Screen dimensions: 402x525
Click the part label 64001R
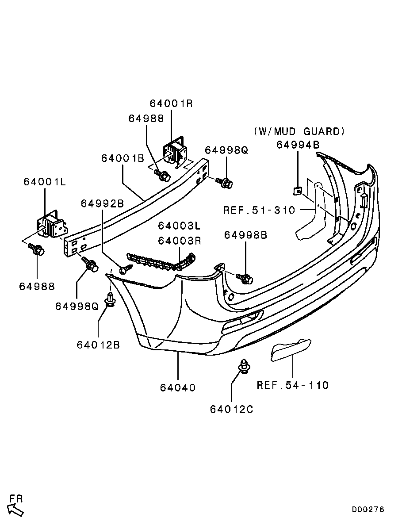(x=172, y=103)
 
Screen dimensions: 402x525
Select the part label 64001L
(x=45, y=182)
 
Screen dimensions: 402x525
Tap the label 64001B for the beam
(x=123, y=158)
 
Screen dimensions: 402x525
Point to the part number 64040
(x=178, y=388)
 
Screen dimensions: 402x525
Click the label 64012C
(x=232, y=409)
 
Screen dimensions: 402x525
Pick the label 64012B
(x=98, y=345)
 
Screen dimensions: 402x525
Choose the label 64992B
(x=103, y=203)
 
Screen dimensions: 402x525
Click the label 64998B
(x=246, y=235)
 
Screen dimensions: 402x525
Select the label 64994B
(x=298, y=145)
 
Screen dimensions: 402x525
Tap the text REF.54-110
(x=293, y=385)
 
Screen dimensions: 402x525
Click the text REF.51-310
(x=260, y=210)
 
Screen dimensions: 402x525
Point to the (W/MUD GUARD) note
(x=299, y=131)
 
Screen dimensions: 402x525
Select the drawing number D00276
(x=368, y=509)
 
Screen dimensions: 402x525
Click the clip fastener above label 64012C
(x=244, y=365)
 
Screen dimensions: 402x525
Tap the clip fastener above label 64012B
(x=111, y=299)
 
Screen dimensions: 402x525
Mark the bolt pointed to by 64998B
(x=245, y=278)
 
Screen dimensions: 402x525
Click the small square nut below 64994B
(x=297, y=191)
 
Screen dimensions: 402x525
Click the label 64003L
(x=180, y=226)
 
